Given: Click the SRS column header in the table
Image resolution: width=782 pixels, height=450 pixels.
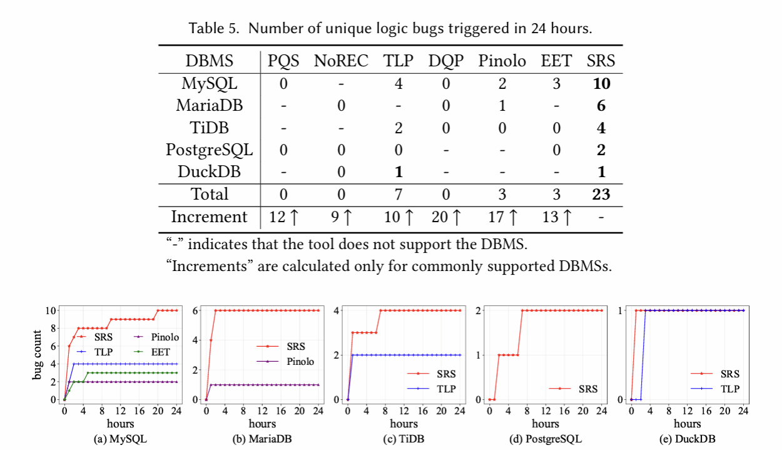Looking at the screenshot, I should [601, 61].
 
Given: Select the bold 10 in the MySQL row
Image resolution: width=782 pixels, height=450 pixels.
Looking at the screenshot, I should [601, 83].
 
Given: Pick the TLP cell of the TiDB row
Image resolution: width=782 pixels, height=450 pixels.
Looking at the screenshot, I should [399, 128].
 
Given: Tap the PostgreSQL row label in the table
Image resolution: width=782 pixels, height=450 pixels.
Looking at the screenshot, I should [209, 150].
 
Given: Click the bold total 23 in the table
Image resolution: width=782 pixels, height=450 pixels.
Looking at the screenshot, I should [601, 195].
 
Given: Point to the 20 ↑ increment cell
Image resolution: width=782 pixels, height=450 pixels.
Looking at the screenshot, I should [446, 217].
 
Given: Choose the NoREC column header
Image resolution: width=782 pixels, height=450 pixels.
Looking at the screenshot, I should [341, 61].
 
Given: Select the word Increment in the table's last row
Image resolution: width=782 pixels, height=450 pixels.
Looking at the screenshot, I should [210, 217].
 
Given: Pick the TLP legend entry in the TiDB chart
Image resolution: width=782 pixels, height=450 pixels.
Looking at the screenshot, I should [445, 389].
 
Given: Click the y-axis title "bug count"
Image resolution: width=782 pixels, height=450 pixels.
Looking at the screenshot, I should [38, 355].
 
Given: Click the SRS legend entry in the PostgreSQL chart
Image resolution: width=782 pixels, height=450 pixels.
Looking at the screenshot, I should [587, 389].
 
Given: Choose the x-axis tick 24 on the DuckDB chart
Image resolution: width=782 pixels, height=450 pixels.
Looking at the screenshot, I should [744, 411].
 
